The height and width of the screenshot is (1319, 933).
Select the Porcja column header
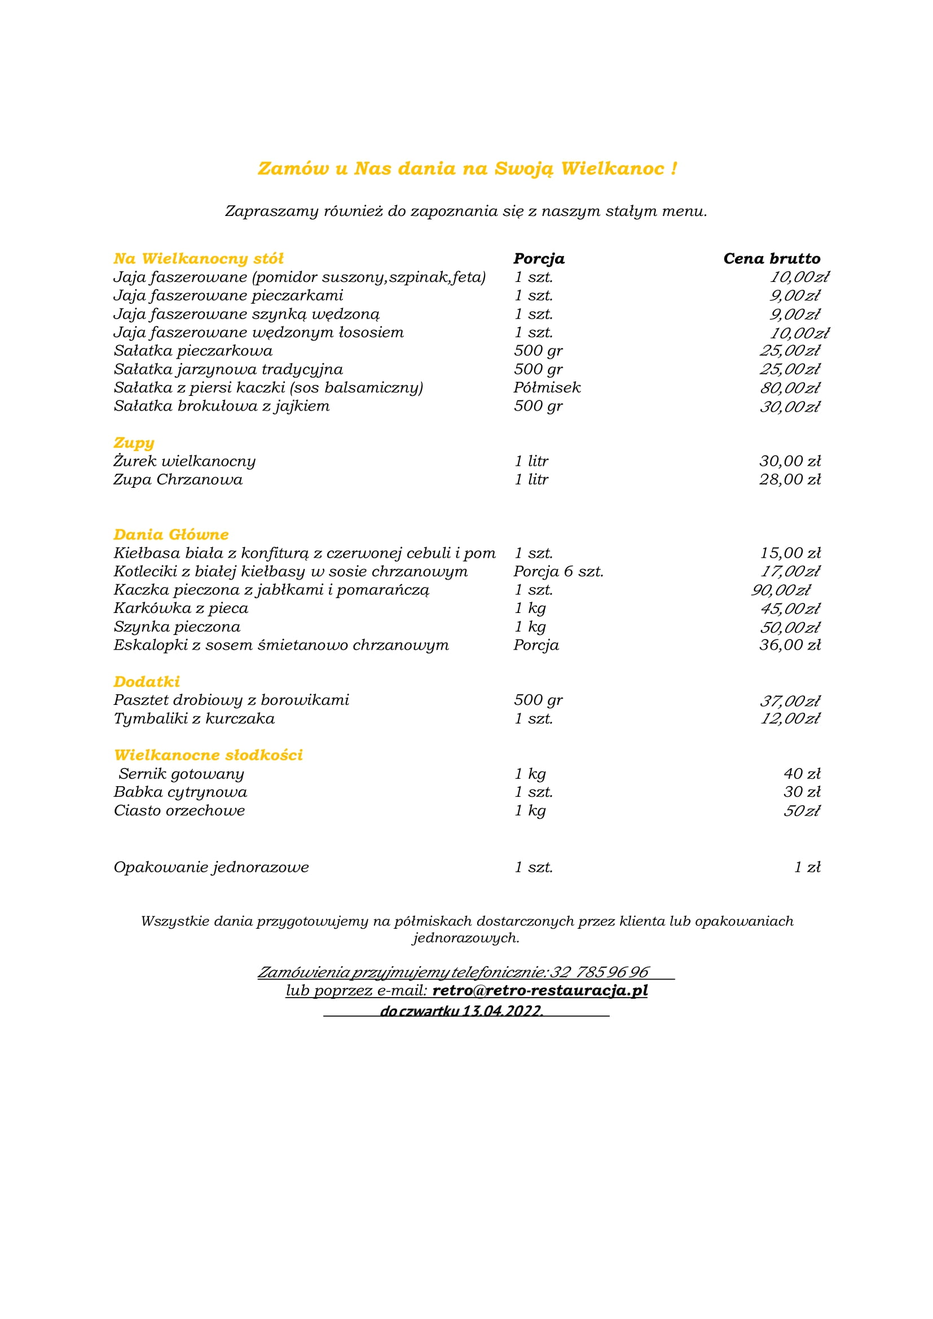(539, 258)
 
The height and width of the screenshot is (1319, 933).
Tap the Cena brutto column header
(772, 258)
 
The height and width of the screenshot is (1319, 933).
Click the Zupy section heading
(134, 443)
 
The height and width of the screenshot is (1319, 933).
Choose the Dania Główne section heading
(171, 535)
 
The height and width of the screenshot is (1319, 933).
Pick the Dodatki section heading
(147, 682)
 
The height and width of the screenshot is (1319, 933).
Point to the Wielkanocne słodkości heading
(208, 755)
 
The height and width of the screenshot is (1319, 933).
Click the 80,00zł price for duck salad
(790, 388)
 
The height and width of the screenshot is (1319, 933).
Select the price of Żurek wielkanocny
(790, 461)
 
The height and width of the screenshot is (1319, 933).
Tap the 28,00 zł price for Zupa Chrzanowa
(790, 479)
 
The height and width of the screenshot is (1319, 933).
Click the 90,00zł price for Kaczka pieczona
(781, 590)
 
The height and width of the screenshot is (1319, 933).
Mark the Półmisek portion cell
(547, 388)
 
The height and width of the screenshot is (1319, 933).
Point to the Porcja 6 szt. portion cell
(558, 572)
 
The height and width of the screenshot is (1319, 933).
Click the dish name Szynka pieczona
(177, 627)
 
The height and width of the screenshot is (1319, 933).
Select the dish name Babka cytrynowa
(181, 792)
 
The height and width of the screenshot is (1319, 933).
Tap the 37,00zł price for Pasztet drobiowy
(790, 701)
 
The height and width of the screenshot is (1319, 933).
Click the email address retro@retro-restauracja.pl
(540, 990)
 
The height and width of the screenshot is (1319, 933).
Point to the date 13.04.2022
(503, 1011)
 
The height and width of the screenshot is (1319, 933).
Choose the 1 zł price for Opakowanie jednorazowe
(807, 867)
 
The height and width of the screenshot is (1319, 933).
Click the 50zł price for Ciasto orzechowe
(802, 810)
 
